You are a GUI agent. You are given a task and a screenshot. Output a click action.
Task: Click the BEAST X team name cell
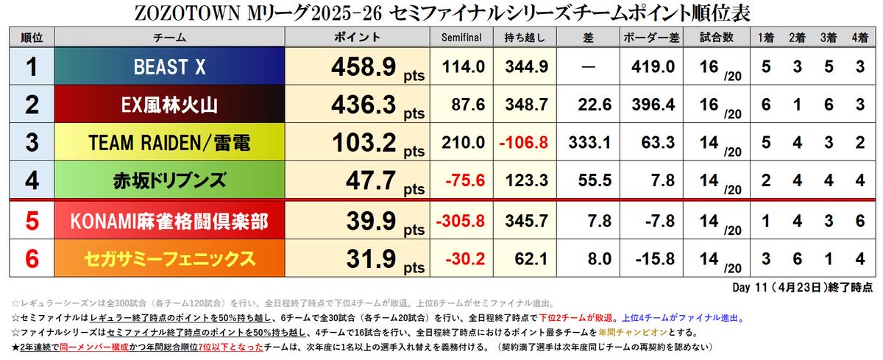click(x=170, y=66)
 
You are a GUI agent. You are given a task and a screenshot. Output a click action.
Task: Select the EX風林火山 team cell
click(x=170, y=105)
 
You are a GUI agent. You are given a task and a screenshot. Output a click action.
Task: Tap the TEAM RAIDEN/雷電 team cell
click(x=170, y=144)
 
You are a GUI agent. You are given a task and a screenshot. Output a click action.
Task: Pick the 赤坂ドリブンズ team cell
click(x=170, y=181)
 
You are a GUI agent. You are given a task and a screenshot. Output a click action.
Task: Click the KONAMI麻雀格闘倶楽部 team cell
click(x=170, y=221)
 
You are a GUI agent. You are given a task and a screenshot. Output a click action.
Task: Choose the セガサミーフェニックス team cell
click(x=170, y=258)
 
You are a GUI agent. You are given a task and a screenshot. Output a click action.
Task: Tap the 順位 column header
click(x=32, y=37)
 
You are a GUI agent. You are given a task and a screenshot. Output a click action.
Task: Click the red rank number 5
click(x=32, y=221)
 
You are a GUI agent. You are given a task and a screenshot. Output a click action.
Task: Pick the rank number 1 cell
click(x=32, y=67)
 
